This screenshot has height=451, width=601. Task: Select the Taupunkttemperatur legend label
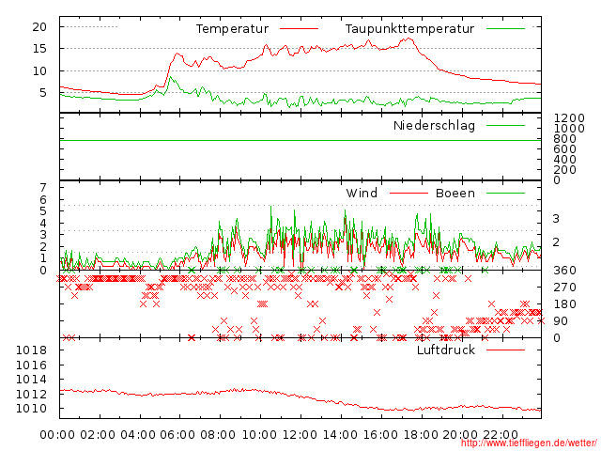point(409,29)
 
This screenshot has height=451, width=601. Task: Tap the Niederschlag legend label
point(434,125)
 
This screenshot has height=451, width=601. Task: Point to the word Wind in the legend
point(362,194)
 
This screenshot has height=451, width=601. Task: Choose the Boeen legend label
point(455,194)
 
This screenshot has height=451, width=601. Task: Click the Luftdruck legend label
point(446,350)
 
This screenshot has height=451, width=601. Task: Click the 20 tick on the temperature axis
point(39,26)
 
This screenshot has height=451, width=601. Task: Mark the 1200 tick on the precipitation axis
point(568,117)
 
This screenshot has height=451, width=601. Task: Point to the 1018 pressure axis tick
point(32,350)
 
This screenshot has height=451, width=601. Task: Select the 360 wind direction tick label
point(563,271)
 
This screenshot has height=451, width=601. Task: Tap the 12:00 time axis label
point(300,434)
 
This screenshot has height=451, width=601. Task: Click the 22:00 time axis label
point(501,434)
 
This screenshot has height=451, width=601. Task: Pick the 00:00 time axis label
point(58,434)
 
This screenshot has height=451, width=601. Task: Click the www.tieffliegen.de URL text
point(529,443)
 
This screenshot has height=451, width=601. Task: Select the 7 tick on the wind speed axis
point(41,188)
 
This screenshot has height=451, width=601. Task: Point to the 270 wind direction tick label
point(563,288)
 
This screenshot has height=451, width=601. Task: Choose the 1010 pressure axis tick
point(32,409)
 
